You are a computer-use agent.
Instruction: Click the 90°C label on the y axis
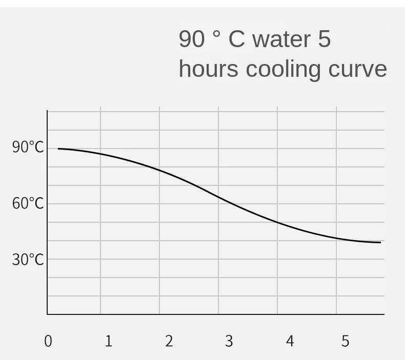28,147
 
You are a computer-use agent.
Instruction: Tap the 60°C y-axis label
28,203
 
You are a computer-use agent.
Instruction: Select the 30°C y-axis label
28,259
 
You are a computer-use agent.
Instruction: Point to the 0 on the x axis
48,341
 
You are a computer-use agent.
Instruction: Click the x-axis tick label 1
108,341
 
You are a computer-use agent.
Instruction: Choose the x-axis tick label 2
169,341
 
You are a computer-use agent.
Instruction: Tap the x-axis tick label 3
229,341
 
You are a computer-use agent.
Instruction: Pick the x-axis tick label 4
290,341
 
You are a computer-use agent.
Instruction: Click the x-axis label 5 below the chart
345,341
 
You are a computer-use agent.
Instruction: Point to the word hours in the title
208,69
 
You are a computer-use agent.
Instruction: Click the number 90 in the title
191,39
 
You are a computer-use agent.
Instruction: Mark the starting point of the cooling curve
58,149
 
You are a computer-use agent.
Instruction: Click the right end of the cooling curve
380,242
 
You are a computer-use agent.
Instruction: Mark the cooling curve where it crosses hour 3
218,197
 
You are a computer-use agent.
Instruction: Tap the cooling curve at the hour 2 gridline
159,170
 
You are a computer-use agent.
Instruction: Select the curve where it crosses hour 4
277,222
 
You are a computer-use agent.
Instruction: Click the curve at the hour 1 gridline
100,154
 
